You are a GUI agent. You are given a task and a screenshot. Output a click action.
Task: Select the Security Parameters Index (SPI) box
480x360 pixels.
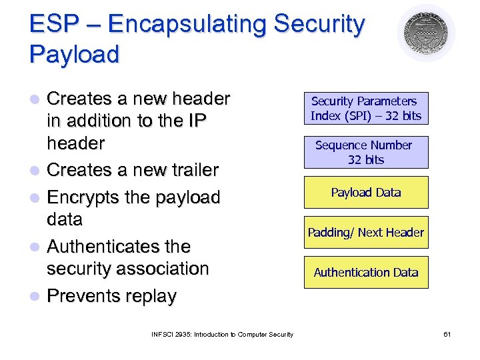[366, 108]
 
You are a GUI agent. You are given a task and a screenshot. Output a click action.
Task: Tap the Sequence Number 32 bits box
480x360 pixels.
[366, 152]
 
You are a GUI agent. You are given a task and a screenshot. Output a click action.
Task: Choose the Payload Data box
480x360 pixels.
[366, 193]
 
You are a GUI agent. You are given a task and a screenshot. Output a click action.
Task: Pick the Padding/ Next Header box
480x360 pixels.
[366, 233]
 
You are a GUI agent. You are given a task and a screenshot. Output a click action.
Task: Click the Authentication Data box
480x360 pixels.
[366, 272]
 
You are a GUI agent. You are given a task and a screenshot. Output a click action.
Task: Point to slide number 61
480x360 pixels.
[447, 334]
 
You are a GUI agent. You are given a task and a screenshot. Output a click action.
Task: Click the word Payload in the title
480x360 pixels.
[74, 54]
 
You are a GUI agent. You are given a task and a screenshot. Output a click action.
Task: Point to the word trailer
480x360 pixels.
[193, 171]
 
